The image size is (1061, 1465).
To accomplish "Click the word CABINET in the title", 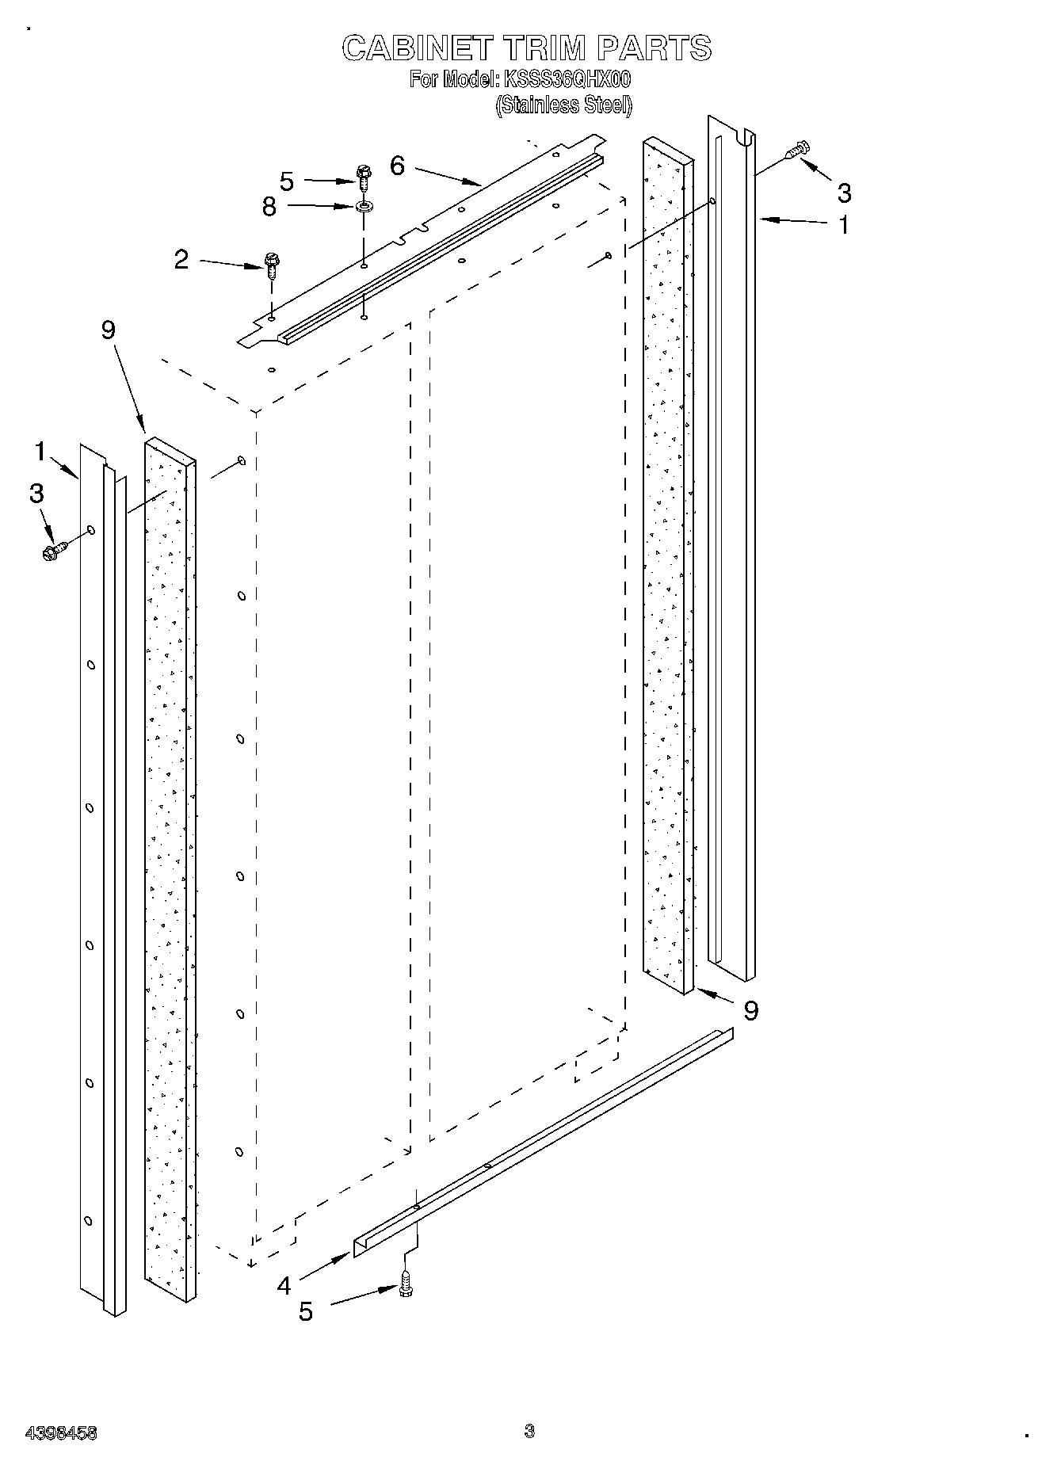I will point(416,48).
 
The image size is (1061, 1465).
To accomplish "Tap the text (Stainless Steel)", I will point(563,105).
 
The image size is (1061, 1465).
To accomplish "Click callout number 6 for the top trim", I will point(397,166).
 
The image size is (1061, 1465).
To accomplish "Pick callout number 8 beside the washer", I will point(269,207).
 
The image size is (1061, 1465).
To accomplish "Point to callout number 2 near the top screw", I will point(181,259).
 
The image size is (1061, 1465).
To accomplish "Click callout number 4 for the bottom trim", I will point(284,1286).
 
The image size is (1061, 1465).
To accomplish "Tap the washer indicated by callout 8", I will point(364,208).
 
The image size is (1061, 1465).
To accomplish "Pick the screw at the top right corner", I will point(796,151).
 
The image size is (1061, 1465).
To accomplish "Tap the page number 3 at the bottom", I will point(529,1430).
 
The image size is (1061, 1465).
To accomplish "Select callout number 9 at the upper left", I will point(109,330).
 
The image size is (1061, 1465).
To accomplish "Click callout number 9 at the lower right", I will point(750,1009).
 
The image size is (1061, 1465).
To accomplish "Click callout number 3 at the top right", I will point(844,192).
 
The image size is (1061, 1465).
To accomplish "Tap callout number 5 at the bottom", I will point(305,1311).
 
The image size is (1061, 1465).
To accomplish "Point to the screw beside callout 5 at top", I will point(364,175).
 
